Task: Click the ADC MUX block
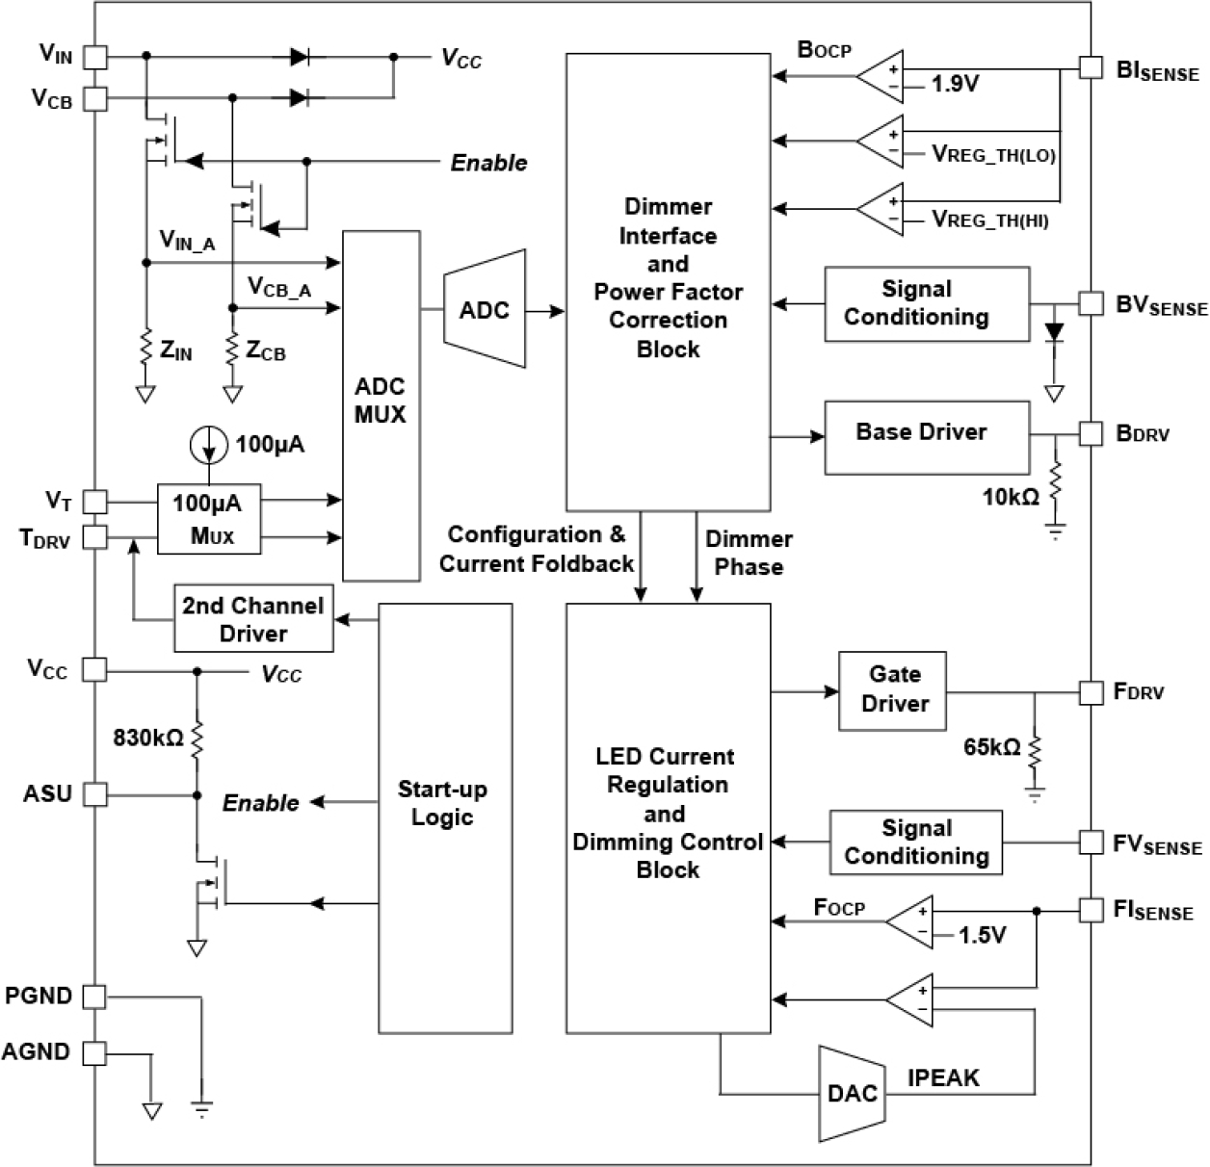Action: (x=381, y=405)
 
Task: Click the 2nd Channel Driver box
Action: (x=253, y=619)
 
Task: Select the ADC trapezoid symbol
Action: (x=485, y=310)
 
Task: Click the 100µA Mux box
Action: (x=210, y=520)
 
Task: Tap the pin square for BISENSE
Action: (x=1090, y=67)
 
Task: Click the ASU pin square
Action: (x=93, y=794)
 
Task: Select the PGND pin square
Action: (x=93, y=998)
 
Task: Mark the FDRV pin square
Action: (x=1090, y=691)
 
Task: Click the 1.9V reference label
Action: (x=955, y=86)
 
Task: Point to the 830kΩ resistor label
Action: (x=148, y=739)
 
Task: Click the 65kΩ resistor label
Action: (x=992, y=747)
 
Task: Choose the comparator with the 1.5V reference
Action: (x=909, y=921)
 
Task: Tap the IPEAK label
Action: (x=943, y=1077)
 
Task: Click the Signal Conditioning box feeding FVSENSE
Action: (x=916, y=843)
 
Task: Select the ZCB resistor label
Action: (x=266, y=352)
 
